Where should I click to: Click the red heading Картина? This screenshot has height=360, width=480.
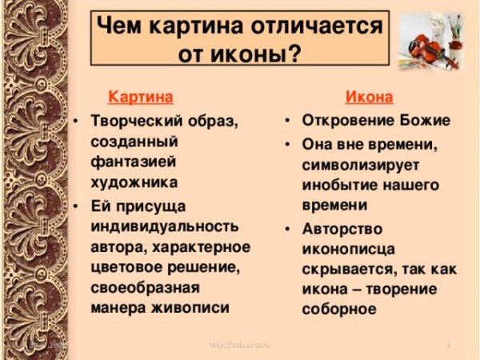point(140,98)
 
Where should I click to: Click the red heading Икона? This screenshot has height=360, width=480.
point(369,98)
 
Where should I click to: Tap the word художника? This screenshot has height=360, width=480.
point(129,182)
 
